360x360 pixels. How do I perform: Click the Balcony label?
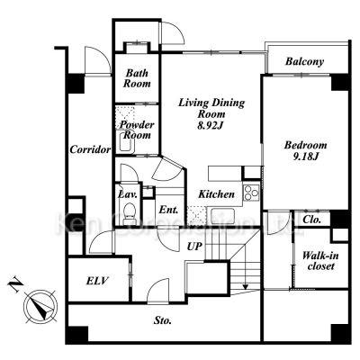click(x=304, y=61)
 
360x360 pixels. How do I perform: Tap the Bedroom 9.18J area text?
click(x=305, y=150)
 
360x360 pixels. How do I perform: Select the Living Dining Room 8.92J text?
click(x=211, y=114)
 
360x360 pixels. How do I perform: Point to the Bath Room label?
click(x=137, y=78)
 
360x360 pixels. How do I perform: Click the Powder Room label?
click(x=137, y=130)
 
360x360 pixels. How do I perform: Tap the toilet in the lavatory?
click(x=130, y=211)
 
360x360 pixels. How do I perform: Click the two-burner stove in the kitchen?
click(x=251, y=193)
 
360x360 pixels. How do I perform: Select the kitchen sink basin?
click(x=222, y=216)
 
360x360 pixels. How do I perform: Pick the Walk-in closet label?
click(x=320, y=261)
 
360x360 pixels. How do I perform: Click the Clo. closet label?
click(x=312, y=220)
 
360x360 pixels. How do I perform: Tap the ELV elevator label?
click(x=97, y=281)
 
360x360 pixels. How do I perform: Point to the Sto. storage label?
click(x=163, y=320)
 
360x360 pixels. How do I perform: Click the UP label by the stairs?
click(x=194, y=247)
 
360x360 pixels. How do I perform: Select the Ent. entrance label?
click(x=168, y=210)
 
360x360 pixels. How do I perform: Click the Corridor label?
click(x=90, y=149)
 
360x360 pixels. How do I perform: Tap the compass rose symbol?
click(x=41, y=306)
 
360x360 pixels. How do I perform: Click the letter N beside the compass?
click(x=15, y=284)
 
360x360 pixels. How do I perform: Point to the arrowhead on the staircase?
click(x=246, y=287)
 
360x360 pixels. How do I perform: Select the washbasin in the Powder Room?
click(x=127, y=141)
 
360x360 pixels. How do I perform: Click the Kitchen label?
click(x=217, y=194)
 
